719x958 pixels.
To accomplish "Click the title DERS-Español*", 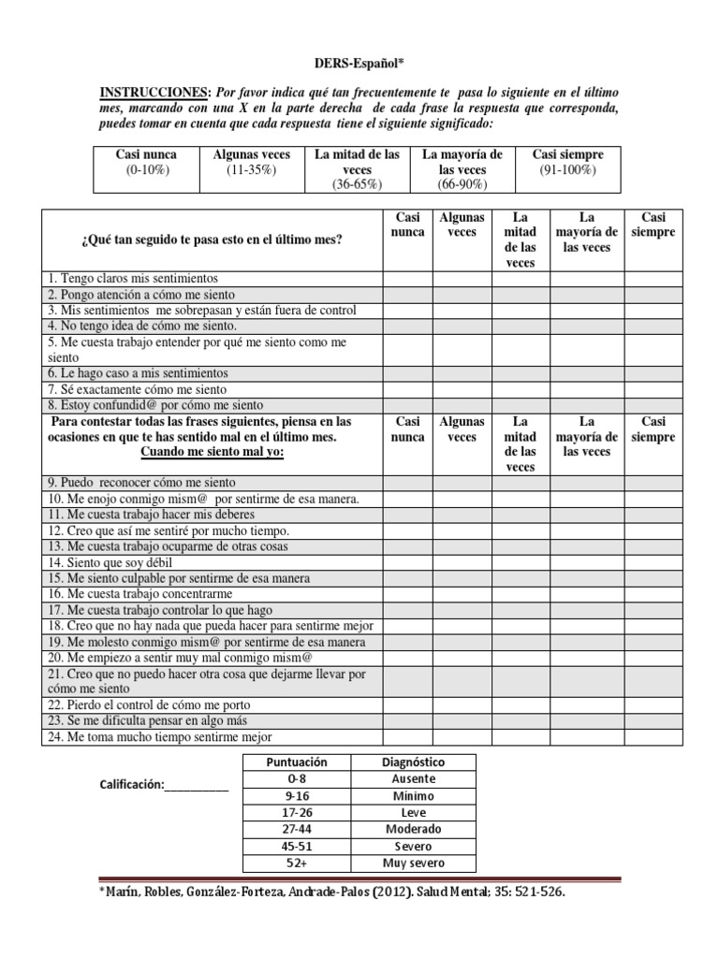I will pos(359,62).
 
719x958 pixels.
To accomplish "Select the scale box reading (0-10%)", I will pos(146,170).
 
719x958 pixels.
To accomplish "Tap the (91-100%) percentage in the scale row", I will pos(567,170).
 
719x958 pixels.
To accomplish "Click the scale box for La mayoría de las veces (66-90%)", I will pos(462,169).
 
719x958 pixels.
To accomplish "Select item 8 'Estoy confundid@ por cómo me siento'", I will pos(154,405).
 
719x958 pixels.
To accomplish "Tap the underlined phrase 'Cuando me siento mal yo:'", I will pos(212,452).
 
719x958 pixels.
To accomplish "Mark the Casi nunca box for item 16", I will pos(407,594).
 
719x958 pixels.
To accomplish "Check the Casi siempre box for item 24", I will pos(652,736).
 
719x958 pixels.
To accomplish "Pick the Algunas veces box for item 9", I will pos(462,483).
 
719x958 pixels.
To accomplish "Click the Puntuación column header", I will pos(296,762).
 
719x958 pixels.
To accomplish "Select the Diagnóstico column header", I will pos(414,762).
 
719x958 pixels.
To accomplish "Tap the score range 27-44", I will pos(296,829).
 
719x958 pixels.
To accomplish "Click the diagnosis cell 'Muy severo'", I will pos(414,863).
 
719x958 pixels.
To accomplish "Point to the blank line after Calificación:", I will pos(197,785).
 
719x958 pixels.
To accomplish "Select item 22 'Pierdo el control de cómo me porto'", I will pos(148,704).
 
